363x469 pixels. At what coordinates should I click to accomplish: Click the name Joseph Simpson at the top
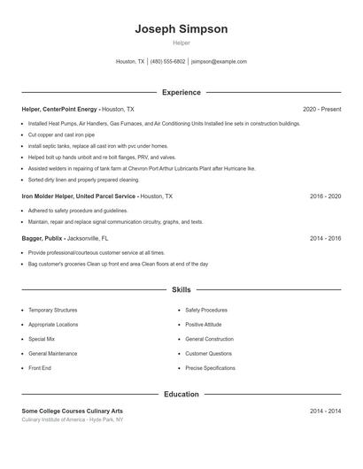tap(181, 28)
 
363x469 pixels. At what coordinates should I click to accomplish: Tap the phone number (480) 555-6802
tap(167, 62)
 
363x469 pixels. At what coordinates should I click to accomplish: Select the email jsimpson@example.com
tap(220, 62)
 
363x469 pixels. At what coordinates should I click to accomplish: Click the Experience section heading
tap(181, 92)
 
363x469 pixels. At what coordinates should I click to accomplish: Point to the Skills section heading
tap(181, 289)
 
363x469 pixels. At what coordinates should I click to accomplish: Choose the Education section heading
tap(181, 394)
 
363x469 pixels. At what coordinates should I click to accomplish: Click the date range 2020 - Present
tap(321, 109)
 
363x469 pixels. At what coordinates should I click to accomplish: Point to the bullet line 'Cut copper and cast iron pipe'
tap(61, 135)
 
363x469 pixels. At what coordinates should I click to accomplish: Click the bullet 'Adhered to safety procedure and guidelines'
tap(78, 211)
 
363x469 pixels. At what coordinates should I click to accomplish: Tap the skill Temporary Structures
tap(52, 311)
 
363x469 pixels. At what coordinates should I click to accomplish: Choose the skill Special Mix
tap(42, 339)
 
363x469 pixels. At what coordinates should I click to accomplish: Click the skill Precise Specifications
tap(210, 367)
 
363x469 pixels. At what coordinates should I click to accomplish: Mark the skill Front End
tap(40, 367)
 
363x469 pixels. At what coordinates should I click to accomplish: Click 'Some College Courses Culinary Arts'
tap(73, 411)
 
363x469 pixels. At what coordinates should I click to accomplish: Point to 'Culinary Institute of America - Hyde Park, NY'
tap(73, 419)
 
